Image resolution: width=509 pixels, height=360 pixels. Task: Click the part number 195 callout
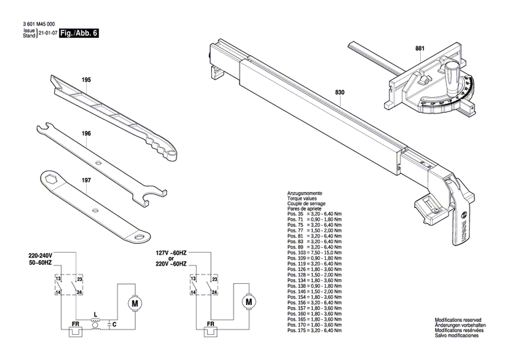86,80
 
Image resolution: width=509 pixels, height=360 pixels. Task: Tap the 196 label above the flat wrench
86,134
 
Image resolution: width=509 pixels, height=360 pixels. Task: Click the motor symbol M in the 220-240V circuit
134,301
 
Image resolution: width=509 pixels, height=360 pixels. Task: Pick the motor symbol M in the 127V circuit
248,301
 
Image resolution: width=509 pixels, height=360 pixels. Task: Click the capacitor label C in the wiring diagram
115,325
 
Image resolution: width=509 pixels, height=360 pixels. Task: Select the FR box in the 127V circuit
210,325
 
